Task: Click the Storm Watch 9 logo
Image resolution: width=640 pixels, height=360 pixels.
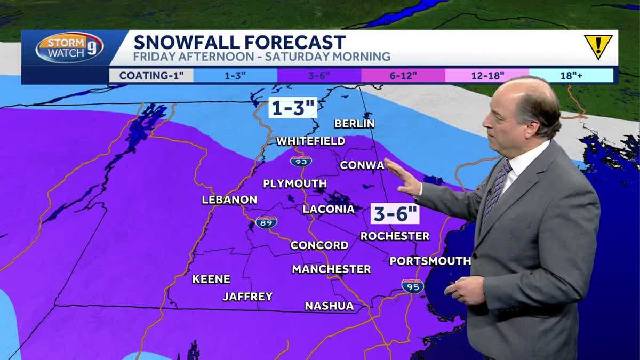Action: (x=69, y=48)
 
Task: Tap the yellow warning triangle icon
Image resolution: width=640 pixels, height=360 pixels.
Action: (x=598, y=46)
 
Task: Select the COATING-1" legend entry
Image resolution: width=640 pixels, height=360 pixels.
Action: (x=151, y=75)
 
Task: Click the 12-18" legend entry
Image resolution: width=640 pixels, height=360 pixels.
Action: (x=486, y=75)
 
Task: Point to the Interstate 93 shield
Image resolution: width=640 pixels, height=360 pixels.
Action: (x=301, y=161)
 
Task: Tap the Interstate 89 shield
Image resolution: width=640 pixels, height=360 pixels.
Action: (x=266, y=222)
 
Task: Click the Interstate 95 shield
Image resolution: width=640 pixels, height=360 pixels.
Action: (x=412, y=286)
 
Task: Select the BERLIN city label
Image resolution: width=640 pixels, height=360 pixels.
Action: (x=355, y=124)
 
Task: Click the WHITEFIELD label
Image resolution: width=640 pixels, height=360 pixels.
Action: (x=311, y=141)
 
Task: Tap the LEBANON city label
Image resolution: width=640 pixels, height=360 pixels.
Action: (x=229, y=200)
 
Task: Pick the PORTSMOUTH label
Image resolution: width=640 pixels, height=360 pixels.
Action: (x=430, y=261)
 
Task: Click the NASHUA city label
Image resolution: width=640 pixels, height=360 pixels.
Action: (x=329, y=306)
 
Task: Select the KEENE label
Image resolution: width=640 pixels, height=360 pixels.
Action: (x=211, y=279)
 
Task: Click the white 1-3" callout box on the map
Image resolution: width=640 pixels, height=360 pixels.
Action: (x=293, y=108)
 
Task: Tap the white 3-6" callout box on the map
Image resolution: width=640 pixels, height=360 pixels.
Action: (x=395, y=214)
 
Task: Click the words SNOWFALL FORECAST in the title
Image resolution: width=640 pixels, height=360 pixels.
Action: (x=239, y=42)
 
